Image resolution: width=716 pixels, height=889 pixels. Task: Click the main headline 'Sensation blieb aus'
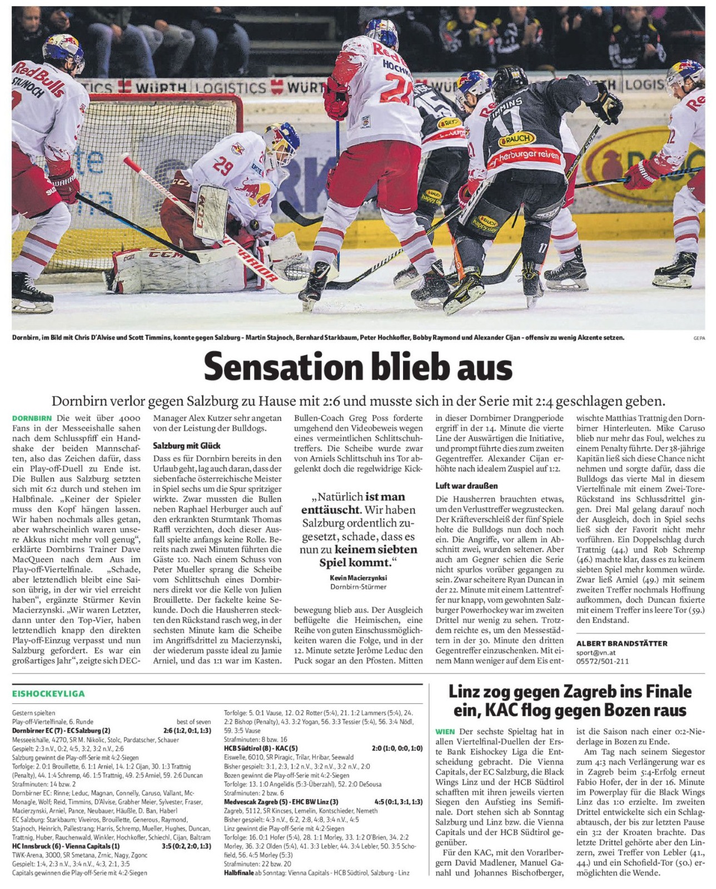tap(357, 367)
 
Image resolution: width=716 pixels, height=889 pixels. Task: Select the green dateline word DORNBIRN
tap(32, 418)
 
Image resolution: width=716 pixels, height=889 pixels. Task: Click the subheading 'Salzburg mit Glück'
tap(186, 445)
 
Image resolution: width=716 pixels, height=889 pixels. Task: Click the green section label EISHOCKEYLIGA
tap(48, 693)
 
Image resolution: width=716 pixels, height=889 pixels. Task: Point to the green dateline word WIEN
tap(445, 732)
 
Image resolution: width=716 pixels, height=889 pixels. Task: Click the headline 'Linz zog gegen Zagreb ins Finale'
tap(570, 692)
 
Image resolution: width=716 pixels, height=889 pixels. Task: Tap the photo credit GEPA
tap(699, 337)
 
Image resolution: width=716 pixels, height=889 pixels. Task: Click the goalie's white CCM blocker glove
tap(210, 212)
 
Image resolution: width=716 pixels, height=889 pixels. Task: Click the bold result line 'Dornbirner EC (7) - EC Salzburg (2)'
tap(61, 730)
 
